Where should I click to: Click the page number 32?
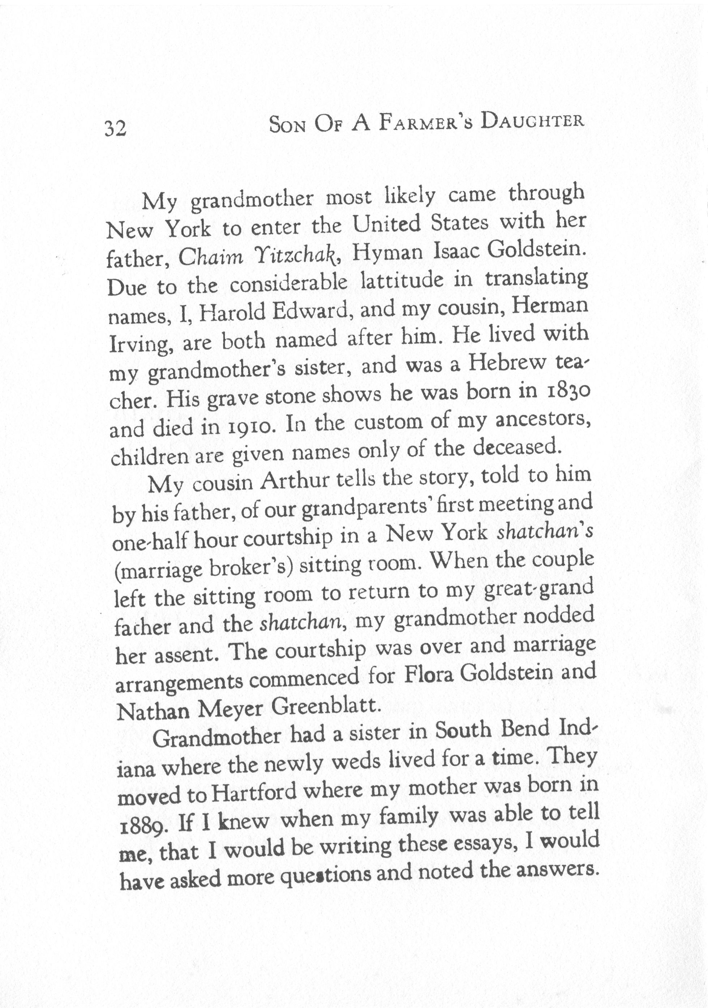click(115, 129)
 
